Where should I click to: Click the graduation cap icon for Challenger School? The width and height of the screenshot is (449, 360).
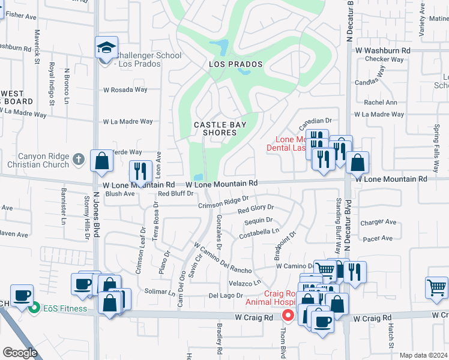[106, 47]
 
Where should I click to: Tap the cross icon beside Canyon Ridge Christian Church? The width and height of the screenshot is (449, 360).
[77, 160]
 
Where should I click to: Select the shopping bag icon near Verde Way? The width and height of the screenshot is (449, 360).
[102, 160]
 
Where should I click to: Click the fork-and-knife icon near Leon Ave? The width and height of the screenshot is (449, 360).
[140, 171]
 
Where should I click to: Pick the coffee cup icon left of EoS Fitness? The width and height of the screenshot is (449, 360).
[22, 296]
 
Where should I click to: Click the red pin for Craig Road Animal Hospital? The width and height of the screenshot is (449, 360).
[288, 314]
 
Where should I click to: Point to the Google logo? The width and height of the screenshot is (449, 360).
[20, 353]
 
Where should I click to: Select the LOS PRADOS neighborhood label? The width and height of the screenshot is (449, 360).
[228, 64]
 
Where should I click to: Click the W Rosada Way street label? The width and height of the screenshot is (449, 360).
[125, 90]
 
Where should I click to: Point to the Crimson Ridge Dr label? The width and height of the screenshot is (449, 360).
[224, 203]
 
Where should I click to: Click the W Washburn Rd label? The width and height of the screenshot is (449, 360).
[382, 52]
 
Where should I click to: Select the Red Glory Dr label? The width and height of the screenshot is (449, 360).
[255, 210]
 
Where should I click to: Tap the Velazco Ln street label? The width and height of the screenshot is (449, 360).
[245, 283]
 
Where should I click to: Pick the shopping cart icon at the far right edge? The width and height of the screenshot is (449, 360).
[436, 287]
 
